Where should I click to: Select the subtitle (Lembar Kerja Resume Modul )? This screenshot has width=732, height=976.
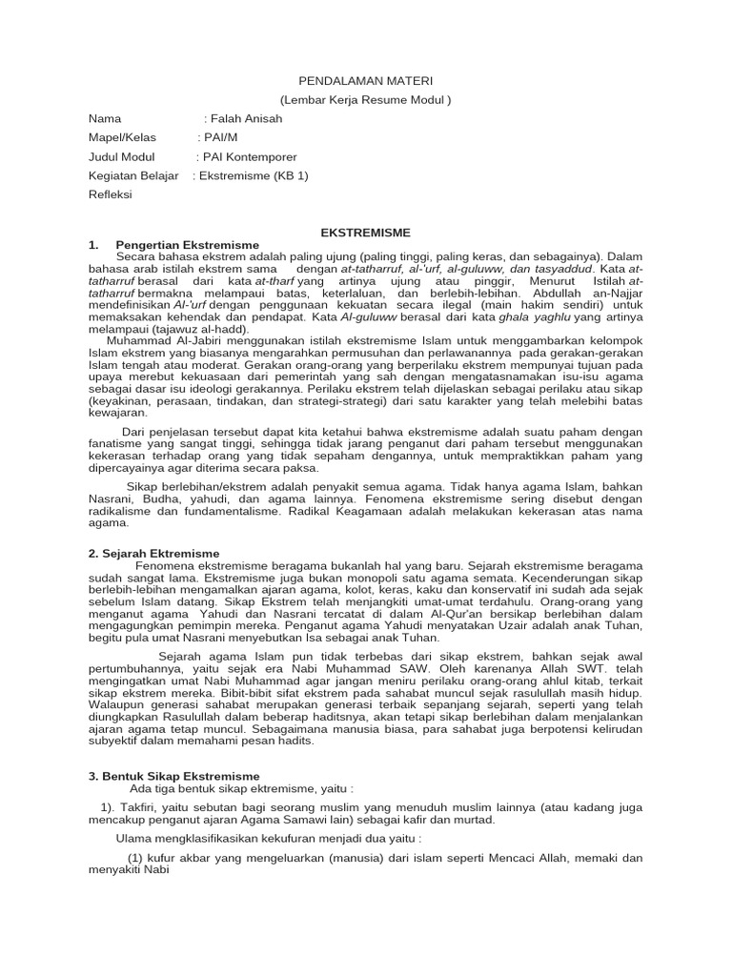pos(365,100)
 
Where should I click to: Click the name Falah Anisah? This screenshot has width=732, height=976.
pos(247,119)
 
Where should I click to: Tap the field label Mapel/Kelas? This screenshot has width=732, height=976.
pos(121,138)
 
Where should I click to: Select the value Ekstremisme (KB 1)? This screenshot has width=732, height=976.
pos(254,175)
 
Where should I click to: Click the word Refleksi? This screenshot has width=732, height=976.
pos(110,194)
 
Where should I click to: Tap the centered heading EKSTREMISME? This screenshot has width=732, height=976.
pos(365,233)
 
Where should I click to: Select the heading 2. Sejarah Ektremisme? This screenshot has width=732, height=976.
pos(153,553)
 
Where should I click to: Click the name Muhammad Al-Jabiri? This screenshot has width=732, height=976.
pos(166,340)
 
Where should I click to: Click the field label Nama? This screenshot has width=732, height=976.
pos(105,119)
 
